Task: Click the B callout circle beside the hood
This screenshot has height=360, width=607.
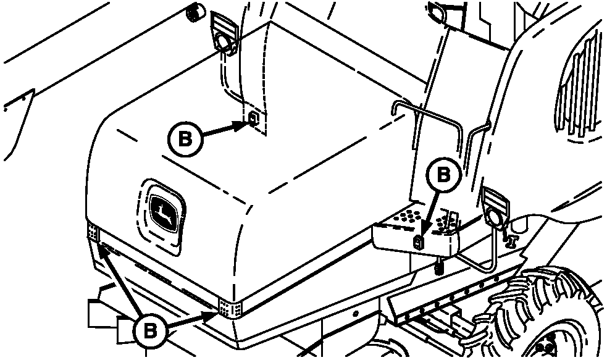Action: point(185,139)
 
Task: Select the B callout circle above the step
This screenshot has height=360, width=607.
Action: point(443,175)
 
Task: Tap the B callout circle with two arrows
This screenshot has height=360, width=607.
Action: point(150,332)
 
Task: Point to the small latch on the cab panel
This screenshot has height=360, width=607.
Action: point(253,118)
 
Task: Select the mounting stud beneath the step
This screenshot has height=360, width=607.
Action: point(438,266)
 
